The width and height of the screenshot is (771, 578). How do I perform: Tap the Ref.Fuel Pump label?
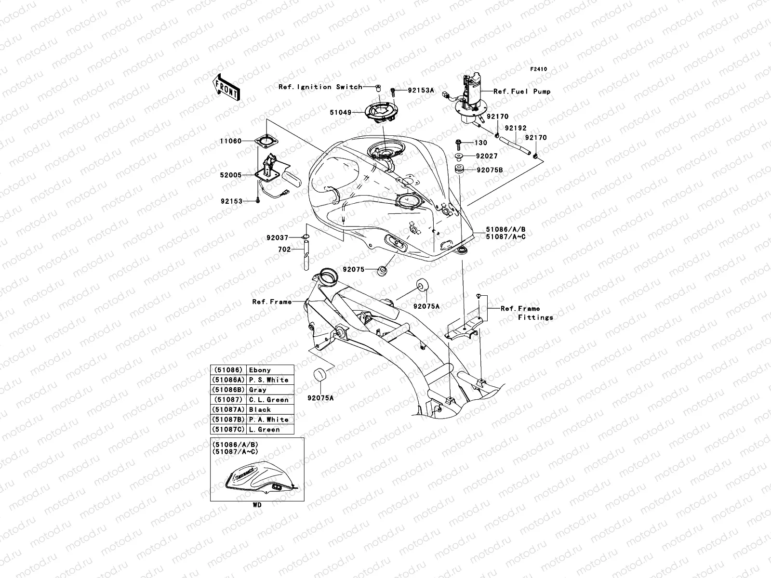coord(521,92)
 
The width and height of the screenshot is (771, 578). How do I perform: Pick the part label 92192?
coord(515,129)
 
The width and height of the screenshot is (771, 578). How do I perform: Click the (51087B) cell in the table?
coord(228,420)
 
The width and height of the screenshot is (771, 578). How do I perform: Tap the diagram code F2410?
coord(539,69)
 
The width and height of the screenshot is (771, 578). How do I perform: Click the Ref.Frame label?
coord(272,302)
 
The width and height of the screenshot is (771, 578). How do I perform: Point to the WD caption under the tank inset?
coord(257,505)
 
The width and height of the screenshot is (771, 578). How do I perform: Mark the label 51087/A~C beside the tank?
coord(505,237)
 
